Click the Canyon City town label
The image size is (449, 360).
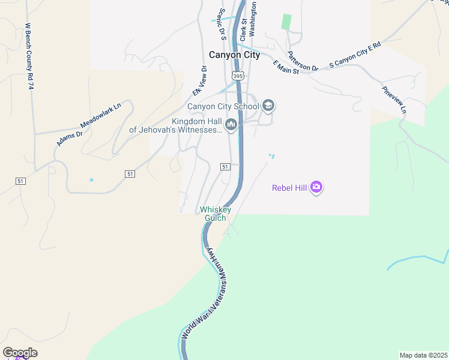pos(234,55)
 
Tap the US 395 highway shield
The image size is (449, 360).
pos(238,76)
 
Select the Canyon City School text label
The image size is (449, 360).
pos(223,107)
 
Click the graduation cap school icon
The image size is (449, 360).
pos(268,107)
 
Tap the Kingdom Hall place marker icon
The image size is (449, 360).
pos(231,124)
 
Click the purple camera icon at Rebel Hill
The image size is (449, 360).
pos(316,188)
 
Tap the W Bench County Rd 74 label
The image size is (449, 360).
pos(28,56)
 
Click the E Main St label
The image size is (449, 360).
pos(286,67)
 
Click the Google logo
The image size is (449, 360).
pos(20,353)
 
